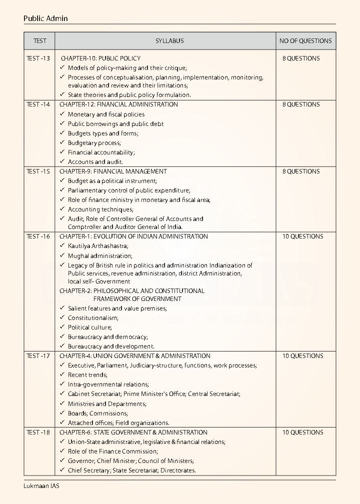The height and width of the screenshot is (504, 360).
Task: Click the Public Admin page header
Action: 45,18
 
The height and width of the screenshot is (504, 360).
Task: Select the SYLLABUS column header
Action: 169,41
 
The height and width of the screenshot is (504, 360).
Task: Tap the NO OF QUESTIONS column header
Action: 305,41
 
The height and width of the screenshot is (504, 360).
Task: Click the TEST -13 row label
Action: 38,58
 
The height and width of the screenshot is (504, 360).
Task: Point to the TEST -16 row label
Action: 38,236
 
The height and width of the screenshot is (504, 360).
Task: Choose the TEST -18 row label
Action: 38,432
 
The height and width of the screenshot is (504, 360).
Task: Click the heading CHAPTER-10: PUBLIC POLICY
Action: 100,58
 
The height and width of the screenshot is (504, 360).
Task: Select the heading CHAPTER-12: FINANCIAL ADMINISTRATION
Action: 118,104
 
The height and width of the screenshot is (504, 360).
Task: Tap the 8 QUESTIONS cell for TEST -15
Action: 301,171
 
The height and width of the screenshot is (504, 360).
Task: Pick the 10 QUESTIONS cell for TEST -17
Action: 302,356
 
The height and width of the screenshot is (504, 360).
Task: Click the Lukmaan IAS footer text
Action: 41,486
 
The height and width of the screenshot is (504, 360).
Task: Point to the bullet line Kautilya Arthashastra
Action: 98,246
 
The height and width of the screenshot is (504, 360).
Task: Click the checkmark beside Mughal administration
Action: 62,255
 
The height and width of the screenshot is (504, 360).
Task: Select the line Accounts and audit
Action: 95,162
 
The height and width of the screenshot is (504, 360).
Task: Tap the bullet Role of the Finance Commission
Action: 112,451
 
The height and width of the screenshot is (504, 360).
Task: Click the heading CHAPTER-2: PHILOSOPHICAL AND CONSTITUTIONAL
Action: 132,290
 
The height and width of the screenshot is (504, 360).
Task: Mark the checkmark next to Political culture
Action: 62,327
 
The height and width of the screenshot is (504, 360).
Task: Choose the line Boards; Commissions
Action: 97,413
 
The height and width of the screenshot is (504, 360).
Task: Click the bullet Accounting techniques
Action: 100,209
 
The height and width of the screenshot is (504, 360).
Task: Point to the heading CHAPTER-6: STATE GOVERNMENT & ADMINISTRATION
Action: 133,432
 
